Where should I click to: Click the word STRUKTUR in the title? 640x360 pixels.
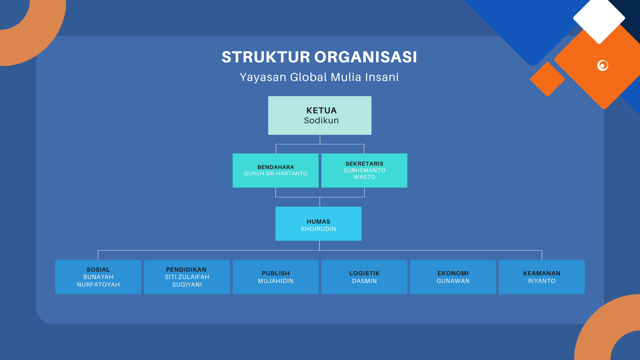[x=266, y=57]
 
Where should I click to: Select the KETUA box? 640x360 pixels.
[x=320, y=115]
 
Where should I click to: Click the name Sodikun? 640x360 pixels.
[x=321, y=120]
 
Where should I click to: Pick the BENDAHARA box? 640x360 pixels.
[x=276, y=170]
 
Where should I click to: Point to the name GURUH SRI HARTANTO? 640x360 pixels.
[x=276, y=174]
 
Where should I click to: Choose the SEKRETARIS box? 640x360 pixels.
[x=364, y=170]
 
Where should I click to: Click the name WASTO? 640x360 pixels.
[x=364, y=177]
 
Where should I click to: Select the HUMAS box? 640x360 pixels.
[x=318, y=224]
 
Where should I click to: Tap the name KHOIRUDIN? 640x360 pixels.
[x=318, y=229]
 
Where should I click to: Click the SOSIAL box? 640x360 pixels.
[x=98, y=277]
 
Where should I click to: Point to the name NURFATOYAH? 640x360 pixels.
[x=98, y=285]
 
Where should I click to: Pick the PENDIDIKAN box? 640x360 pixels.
[x=187, y=277]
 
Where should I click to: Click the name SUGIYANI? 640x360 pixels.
[x=187, y=285]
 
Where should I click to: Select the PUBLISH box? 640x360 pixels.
[x=276, y=277]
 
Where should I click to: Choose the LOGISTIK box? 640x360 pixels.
[x=364, y=277]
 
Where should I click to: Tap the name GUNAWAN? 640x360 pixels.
[x=453, y=281]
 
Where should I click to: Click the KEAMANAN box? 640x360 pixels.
[x=542, y=277]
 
